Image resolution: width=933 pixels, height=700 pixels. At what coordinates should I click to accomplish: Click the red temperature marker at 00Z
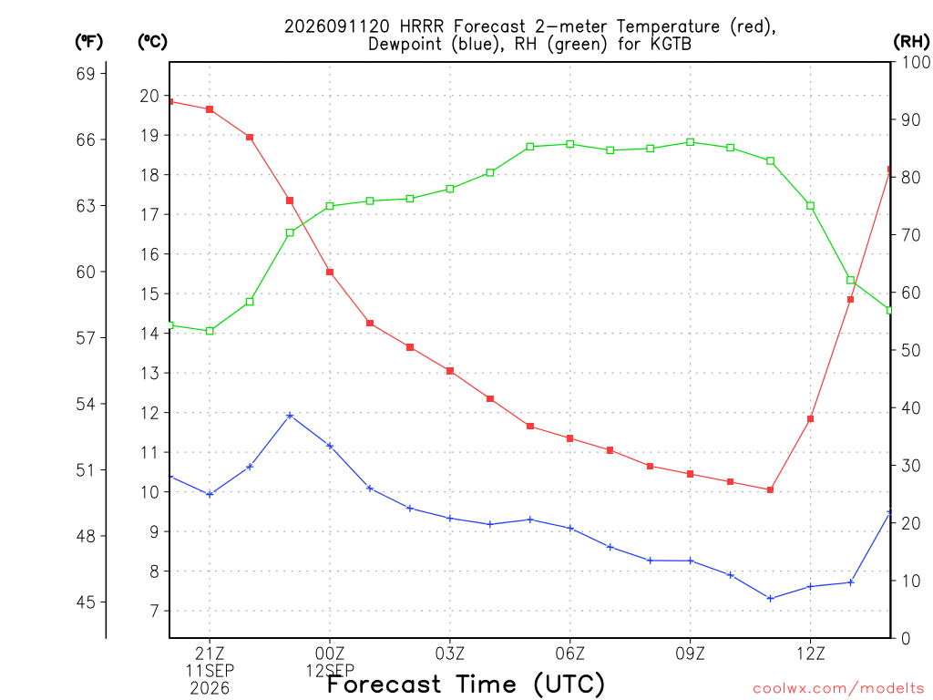coord(330,272)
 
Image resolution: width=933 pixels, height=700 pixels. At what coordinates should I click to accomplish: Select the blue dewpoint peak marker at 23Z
coord(290,416)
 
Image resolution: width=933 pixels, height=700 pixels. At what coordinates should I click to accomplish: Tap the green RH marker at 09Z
coord(691,142)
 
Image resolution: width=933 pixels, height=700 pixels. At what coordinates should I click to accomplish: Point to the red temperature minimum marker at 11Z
coord(770,489)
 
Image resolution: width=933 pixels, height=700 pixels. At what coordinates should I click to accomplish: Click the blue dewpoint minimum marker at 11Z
coord(770,598)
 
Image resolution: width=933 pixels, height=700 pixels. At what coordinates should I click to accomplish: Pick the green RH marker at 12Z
coord(810,206)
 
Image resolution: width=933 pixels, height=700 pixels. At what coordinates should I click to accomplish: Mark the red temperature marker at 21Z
coord(210,109)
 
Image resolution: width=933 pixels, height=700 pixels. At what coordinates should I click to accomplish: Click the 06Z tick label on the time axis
coord(570,654)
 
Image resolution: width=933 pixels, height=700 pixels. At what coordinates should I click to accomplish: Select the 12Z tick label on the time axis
coord(810,654)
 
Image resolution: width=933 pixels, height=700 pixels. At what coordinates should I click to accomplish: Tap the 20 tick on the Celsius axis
coord(149,96)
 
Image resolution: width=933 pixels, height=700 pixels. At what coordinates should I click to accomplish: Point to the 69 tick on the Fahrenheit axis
coord(86,74)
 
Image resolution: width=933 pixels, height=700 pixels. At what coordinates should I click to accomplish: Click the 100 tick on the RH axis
coord(916,62)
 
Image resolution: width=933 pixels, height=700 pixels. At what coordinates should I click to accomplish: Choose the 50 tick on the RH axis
coord(911,350)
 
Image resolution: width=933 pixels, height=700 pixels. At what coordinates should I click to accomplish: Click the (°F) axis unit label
coord(88,42)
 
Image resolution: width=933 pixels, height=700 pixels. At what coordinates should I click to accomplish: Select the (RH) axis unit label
coord(911,42)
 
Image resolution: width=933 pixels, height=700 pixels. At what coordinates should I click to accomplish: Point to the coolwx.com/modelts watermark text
coord(838,689)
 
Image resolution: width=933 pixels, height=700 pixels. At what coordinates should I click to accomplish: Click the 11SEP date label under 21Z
coord(210,671)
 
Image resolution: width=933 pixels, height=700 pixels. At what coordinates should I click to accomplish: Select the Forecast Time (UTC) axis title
coord(466,685)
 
